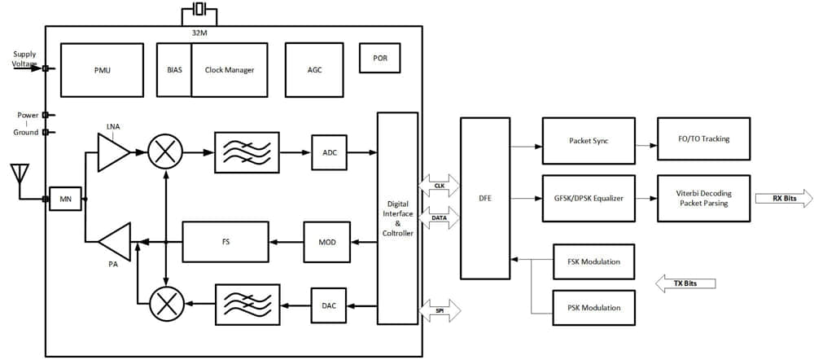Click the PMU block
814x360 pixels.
point(102,70)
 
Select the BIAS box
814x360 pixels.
point(174,70)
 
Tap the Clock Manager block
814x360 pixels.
point(229,70)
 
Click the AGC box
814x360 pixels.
point(314,70)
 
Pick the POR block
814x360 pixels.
point(380,59)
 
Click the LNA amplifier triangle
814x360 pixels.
point(112,152)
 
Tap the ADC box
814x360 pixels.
point(330,152)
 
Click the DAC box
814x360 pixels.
point(329,305)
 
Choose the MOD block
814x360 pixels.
point(326,242)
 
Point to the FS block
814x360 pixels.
point(225,242)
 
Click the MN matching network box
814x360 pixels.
point(66,199)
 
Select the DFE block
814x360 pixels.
point(485,198)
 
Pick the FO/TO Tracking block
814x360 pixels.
point(703,139)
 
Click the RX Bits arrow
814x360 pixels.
point(782,198)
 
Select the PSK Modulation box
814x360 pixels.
point(593,307)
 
